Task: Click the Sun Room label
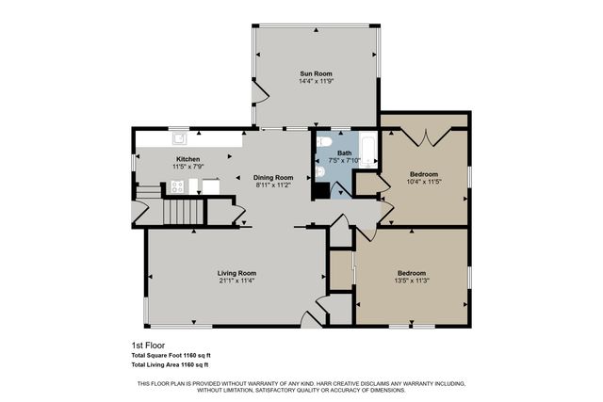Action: tap(316, 73)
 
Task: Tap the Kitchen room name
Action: tap(187, 159)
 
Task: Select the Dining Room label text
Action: tap(273, 177)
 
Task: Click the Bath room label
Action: tap(344, 153)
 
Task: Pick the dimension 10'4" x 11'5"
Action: tap(423, 182)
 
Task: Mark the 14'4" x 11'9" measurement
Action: tap(316, 82)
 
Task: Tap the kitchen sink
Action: tap(177, 137)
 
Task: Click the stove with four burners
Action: tap(176, 186)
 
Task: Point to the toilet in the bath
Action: tap(324, 142)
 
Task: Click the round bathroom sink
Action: tap(320, 173)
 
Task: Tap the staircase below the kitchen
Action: tap(185, 212)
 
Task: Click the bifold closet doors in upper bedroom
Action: tap(424, 137)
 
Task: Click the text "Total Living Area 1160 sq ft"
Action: tap(170, 363)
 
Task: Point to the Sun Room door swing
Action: tap(262, 93)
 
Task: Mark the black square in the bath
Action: tap(321, 189)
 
